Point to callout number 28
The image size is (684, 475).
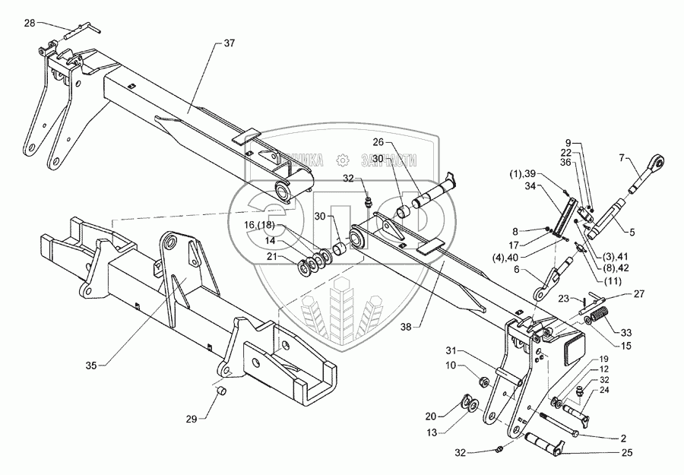29,23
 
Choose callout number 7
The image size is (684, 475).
622,157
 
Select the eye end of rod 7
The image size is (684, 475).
658,161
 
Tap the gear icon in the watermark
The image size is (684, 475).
343,160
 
